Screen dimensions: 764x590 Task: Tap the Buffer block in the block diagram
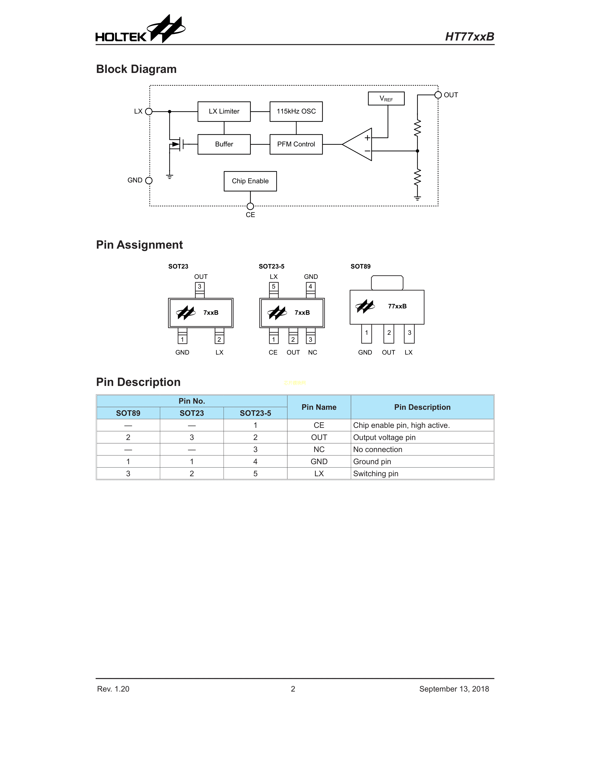click(x=224, y=144)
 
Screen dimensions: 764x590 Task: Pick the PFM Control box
click(x=296, y=144)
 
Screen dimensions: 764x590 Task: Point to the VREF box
click(x=386, y=99)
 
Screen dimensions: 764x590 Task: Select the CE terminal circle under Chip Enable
click(x=250, y=206)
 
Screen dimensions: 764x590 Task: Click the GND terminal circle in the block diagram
click(x=149, y=181)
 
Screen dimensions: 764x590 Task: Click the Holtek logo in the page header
click(x=140, y=30)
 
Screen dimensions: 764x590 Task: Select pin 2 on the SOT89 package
click(x=389, y=333)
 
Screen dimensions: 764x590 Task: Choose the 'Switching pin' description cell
click(x=422, y=474)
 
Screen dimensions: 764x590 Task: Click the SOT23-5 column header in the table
click(x=255, y=413)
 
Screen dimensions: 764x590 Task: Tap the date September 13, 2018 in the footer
click(x=454, y=689)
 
